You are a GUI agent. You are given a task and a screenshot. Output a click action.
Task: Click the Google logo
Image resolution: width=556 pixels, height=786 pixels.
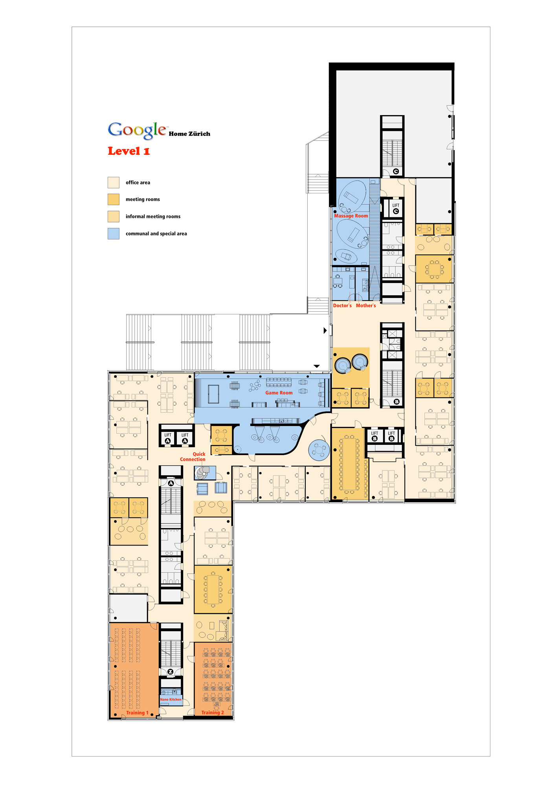137,130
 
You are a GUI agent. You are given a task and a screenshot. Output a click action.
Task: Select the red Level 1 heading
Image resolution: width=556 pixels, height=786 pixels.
129,151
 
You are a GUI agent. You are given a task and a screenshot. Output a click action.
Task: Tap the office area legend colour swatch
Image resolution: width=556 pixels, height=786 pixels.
114,182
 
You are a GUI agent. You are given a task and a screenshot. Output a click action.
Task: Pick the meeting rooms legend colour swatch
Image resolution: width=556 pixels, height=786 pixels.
114,199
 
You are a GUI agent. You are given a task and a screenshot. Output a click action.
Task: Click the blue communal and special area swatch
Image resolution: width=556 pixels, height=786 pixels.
114,233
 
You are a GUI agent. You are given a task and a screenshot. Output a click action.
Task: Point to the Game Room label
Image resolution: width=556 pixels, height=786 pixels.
279,393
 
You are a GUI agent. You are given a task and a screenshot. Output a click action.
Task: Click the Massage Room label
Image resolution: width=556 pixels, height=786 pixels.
351,216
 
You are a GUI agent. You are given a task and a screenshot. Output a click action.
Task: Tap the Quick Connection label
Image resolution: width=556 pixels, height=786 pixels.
193,457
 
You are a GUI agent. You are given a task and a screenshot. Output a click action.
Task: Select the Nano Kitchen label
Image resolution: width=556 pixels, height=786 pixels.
171,700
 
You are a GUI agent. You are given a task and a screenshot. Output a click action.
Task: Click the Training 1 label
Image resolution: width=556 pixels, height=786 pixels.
137,713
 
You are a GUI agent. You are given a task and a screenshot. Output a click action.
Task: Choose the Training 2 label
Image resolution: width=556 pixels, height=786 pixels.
213,713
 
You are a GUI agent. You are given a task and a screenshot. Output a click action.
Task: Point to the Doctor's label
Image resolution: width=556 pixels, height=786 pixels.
342,305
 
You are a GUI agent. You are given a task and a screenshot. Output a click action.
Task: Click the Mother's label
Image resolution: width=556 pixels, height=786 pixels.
366,305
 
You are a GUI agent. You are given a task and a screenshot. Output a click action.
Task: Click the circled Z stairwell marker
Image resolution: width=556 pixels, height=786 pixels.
171,672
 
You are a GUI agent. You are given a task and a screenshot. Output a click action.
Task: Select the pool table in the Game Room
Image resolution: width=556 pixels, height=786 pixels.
213,394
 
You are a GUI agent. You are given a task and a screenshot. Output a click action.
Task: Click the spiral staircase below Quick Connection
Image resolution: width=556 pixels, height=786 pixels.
202,473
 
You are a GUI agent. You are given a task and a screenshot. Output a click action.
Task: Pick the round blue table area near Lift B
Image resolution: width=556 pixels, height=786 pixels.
319,450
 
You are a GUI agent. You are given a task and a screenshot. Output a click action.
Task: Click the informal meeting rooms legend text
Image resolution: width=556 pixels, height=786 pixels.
153,217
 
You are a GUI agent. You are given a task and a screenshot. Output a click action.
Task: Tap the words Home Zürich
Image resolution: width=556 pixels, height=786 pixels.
189,134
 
